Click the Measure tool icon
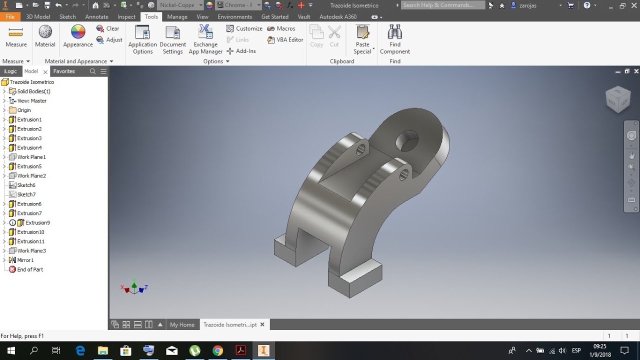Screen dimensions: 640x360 tap(15, 32)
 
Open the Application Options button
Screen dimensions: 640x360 tap(142, 39)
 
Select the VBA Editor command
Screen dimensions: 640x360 tap(285, 39)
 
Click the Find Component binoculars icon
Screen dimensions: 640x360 tap(395, 31)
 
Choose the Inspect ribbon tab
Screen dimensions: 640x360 tap(126, 17)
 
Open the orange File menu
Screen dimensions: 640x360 tap(10, 17)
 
